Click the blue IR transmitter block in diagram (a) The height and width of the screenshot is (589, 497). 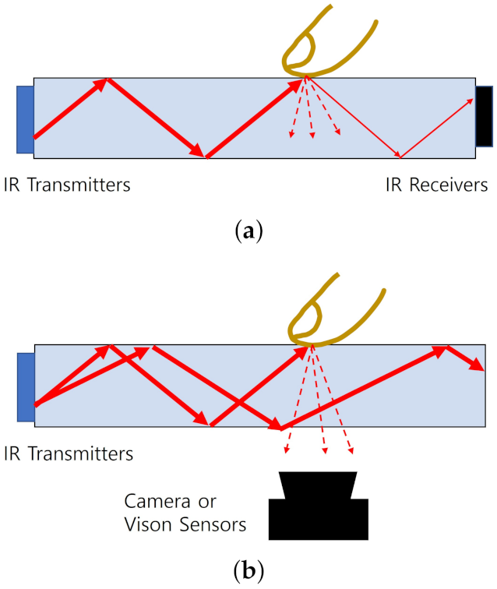pos(25,119)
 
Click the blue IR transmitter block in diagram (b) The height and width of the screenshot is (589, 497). pos(26,388)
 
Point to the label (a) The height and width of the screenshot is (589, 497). pos(248,231)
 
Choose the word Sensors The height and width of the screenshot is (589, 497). pos(210,524)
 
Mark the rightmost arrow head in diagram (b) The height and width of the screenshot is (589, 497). pos(476,365)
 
